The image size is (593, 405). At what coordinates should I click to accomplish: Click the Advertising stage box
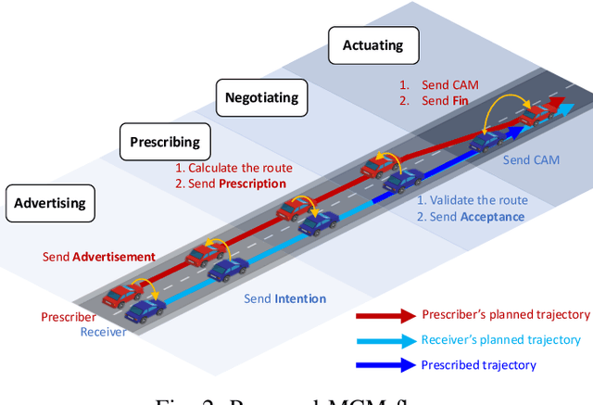tap(49, 203)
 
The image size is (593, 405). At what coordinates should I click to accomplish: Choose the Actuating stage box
tap(374, 45)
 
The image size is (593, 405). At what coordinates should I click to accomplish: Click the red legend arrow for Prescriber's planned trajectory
tap(384, 316)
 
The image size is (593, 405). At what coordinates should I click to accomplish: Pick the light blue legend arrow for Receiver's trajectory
tap(384, 341)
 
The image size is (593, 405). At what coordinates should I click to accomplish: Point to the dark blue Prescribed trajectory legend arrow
tap(384, 365)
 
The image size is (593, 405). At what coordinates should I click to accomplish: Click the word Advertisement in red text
tap(114, 256)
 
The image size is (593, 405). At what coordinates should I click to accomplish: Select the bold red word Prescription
tap(252, 184)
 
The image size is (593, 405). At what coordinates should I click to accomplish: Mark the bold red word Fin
tap(461, 100)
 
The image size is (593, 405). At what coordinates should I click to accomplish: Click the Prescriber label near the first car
tap(69, 317)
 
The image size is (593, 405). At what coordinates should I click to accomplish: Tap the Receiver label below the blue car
tap(103, 332)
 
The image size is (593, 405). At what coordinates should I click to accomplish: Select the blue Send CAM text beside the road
tap(531, 159)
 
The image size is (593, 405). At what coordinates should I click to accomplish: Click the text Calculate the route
tap(240, 168)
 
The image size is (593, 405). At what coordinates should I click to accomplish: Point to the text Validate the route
tap(478, 200)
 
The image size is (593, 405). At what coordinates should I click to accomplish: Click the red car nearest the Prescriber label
tap(122, 295)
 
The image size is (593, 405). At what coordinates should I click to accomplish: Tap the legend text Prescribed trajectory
tap(478, 365)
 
